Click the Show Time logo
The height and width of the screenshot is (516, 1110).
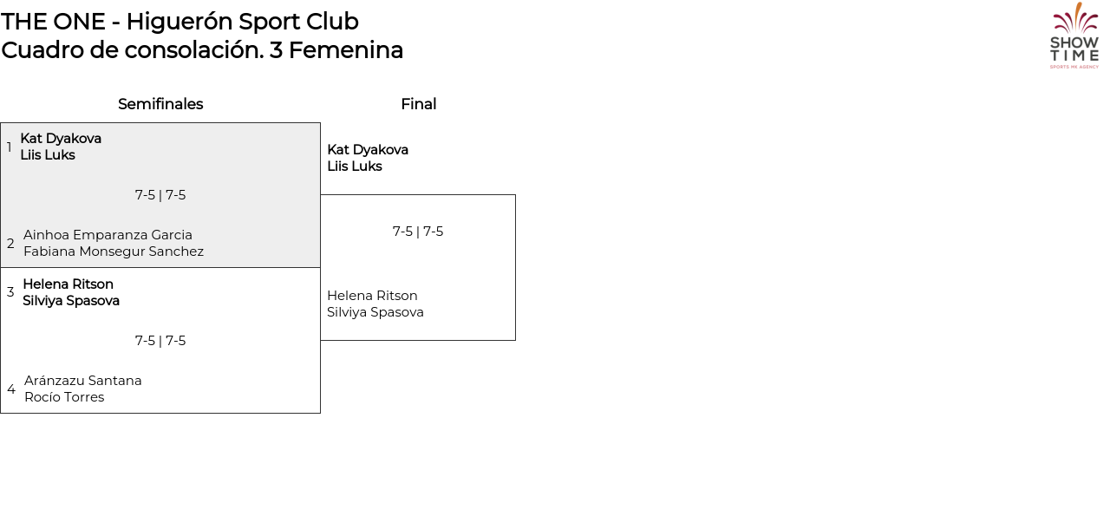pos(1074,36)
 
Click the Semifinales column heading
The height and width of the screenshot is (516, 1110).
pos(160,104)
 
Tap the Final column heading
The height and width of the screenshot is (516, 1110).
pos(418,104)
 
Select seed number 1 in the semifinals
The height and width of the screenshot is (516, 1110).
pos(10,147)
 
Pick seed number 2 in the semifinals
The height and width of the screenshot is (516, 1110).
pos(10,244)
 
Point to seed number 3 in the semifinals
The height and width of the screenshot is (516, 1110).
pos(10,292)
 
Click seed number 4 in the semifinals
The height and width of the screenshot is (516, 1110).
pos(10,389)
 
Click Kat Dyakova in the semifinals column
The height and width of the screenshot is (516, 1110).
pos(61,139)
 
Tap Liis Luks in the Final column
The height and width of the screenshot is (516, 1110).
pos(354,167)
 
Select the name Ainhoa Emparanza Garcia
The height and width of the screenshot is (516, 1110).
pos(108,235)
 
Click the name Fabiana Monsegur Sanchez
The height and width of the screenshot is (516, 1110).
pos(114,251)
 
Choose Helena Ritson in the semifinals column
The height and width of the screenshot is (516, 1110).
pos(68,284)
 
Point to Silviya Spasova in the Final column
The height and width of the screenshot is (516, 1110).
pos(375,312)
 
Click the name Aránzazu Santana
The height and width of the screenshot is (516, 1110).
pos(83,381)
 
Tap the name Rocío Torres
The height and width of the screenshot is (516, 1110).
pos(64,397)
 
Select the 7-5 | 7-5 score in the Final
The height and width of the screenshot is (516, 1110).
pos(418,232)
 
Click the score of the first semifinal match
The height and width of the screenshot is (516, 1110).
pos(160,195)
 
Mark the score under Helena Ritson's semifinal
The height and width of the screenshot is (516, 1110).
pos(160,341)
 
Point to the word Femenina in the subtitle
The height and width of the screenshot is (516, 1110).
pos(345,50)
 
